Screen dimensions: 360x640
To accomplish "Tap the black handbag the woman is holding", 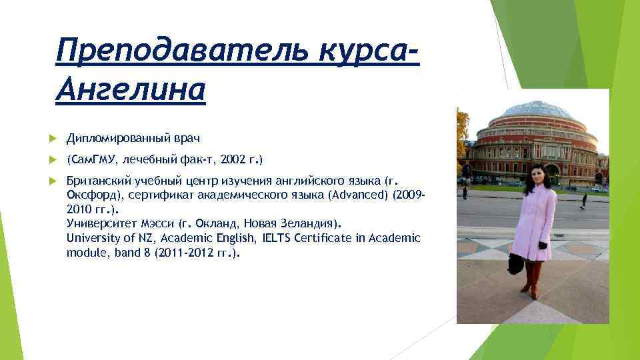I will click(x=516, y=263).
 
